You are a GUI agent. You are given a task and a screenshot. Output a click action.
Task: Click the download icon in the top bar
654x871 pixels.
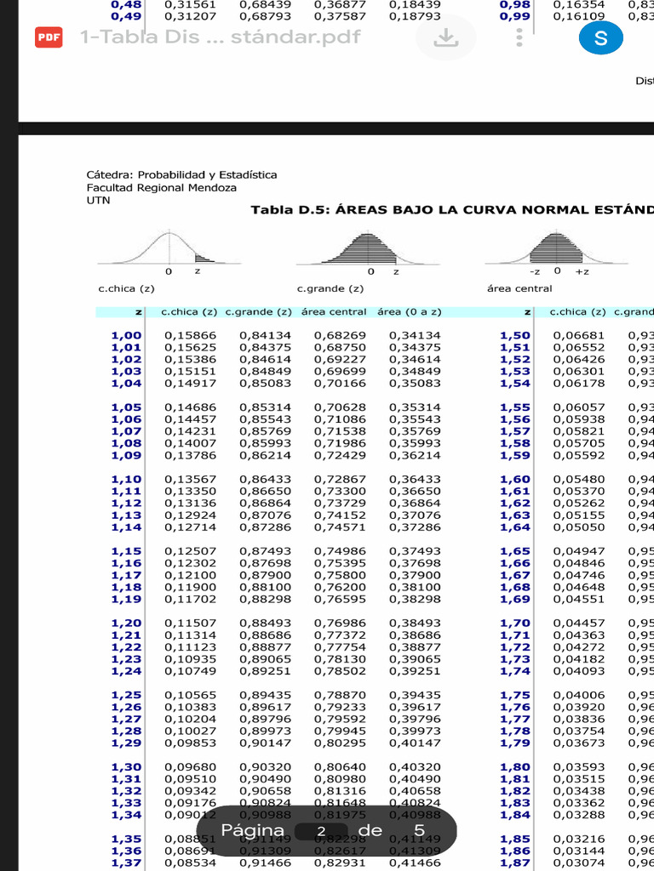[445, 37]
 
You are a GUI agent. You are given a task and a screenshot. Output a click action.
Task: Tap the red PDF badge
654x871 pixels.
[49, 37]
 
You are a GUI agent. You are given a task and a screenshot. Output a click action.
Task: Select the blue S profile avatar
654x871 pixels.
[600, 37]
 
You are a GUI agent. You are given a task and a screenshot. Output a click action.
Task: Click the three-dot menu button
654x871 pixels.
[519, 37]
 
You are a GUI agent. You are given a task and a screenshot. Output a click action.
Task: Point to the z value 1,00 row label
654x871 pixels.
[126, 335]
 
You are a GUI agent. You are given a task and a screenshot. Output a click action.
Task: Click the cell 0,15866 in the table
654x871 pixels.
[190, 335]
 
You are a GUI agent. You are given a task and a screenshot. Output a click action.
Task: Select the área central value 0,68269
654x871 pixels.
[340, 335]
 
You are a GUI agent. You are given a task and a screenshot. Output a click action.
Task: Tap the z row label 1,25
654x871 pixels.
[126, 695]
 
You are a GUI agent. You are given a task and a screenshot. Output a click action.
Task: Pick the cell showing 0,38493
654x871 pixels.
[415, 623]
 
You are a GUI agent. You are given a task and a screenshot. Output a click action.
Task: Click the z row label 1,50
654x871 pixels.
[514, 335]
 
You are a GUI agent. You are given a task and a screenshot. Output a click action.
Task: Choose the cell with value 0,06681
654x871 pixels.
[579, 335]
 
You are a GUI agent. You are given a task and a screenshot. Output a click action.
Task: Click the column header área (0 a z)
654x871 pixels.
[408, 312]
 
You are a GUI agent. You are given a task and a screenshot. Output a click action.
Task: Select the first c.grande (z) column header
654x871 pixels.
[258, 312]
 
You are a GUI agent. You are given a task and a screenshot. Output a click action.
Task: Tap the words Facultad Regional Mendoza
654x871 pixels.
[162, 187]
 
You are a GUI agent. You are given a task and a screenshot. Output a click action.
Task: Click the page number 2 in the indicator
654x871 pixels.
[321, 831]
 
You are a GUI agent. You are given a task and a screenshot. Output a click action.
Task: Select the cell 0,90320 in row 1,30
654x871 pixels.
[265, 766]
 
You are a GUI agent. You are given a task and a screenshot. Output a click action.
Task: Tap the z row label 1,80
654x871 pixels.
[514, 766]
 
